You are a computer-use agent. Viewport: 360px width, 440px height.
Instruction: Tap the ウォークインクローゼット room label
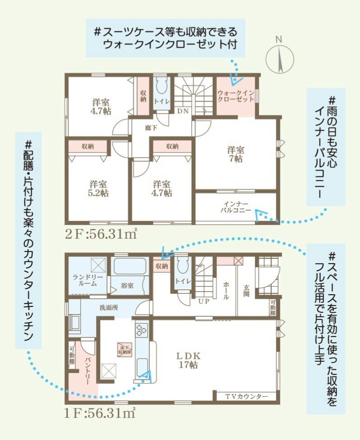click(236, 96)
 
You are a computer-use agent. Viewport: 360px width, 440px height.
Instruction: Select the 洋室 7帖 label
click(236, 154)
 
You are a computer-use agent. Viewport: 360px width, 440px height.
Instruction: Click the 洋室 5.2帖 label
click(98, 189)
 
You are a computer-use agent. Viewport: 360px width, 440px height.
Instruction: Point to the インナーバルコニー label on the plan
click(236, 207)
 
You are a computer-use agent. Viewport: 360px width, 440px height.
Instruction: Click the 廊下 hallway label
click(151, 128)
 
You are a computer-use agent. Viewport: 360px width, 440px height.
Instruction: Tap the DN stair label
click(183, 111)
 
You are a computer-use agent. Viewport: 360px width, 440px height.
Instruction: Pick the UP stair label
click(204, 301)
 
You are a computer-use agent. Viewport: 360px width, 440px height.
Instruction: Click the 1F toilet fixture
click(182, 265)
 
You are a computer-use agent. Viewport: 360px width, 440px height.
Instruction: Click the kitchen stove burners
click(142, 330)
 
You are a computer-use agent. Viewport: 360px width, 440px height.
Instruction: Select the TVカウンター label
click(247, 396)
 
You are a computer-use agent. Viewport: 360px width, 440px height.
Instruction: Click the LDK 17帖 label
click(188, 360)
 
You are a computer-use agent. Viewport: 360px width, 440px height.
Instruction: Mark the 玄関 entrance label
click(246, 291)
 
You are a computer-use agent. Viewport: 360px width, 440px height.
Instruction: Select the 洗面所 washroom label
click(109, 308)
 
